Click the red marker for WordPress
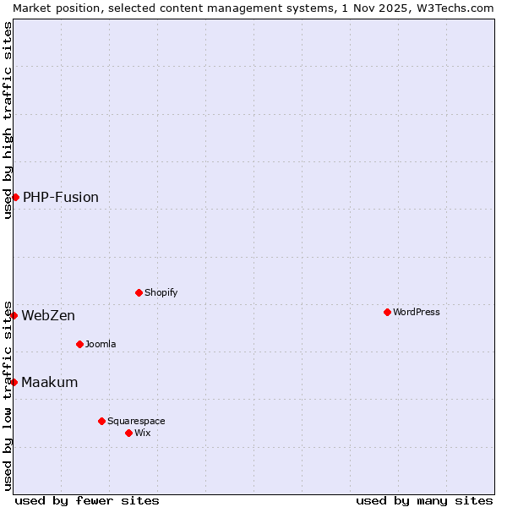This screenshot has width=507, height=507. pos(387,312)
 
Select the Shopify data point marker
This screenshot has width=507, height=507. pos(139,292)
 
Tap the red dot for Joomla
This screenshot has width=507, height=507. pos(79,344)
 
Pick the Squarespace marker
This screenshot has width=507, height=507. pos(101,421)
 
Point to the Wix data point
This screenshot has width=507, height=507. pos(128,433)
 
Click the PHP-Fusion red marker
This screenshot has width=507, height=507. pos(15,197)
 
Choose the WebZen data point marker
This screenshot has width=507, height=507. pos(14,315)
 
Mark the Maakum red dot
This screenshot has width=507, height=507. pos(14,382)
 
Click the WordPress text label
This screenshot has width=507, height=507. pos(417,312)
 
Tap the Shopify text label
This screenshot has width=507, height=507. pos(161,292)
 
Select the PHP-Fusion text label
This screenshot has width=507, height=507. pos(61,197)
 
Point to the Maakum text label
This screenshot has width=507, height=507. pos(50,382)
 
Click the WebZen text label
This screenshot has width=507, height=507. pos(48,315)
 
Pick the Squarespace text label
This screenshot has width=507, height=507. pos(136,421)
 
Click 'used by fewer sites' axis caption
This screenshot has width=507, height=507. pos(87,500)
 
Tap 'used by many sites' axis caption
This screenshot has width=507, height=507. pos(424,500)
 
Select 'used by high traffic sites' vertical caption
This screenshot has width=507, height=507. pos(8,120)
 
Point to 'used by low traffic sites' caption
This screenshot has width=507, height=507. pos(8,395)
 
